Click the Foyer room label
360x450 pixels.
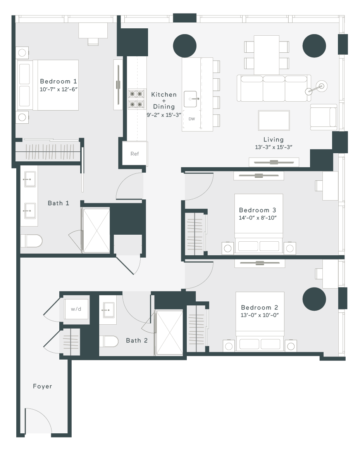tap(42, 386)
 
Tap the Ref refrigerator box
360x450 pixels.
tap(135, 154)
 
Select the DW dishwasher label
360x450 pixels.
tap(192, 119)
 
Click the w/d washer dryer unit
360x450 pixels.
tap(76, 309)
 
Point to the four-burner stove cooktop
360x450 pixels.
tap(136, 99)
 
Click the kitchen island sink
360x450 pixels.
tap(191, 99)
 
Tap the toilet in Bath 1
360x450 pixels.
tap(31, 241)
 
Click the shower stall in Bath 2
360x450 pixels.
tap(169, 332)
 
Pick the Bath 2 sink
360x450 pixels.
tap(109, 310)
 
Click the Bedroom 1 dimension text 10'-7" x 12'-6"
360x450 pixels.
tap(59, 89)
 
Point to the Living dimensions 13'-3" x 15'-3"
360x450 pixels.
tap(274, 147)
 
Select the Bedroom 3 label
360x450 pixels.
tap(257, 210)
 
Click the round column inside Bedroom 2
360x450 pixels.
tap(314, 299)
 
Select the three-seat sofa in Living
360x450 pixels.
tap(274, 88)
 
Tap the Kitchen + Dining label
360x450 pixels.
tap(164, 100)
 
